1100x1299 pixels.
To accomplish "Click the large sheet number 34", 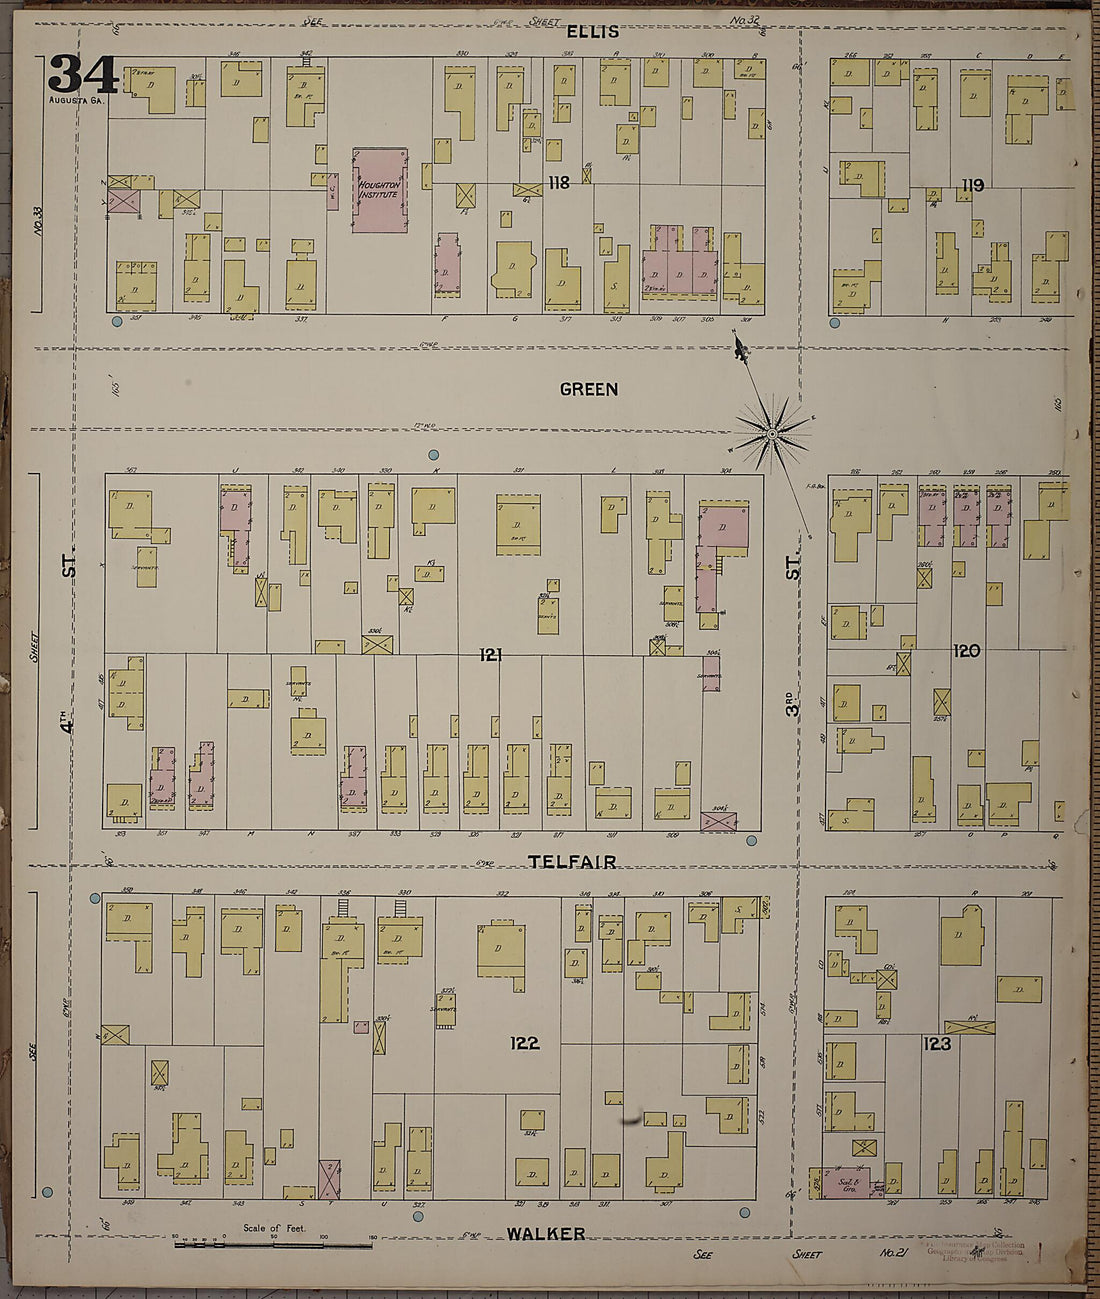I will [82, 74].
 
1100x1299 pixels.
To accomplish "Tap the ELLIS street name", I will [593, 32].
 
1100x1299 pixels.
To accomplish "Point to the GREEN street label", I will [589, 389].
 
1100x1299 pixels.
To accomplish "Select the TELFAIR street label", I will [572, 861].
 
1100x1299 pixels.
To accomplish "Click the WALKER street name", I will [545, 1234].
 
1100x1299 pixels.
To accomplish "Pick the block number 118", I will [558, 182].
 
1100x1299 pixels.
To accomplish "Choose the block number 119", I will [972, 185].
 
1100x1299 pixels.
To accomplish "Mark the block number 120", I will [966, 651].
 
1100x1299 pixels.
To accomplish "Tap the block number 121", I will [490, 655].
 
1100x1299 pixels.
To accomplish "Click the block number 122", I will [524, 1043].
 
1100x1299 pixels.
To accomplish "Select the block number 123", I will [937, 1043].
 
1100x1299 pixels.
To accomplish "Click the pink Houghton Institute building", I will [380, 190].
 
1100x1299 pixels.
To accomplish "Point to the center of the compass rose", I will [772, 433].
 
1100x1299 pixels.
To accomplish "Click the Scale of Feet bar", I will [273, 1245].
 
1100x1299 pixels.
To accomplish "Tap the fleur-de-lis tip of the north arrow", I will [739, 347].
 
